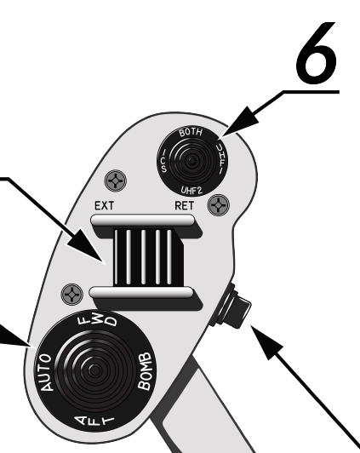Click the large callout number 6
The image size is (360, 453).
click(x=317, y=53)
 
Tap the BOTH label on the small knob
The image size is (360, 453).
click(x=191, y=132)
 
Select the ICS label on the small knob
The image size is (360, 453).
click(x=164, y=161)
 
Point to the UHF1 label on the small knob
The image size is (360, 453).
click(x=222, y=159)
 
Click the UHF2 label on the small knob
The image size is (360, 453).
click(x=191, y=190)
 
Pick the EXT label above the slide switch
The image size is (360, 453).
click(x=104, y=206)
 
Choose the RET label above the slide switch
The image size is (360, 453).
click(x=184, y=206)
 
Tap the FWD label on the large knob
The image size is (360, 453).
click(x=98, y=319)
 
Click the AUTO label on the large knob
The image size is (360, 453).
click(x=46, y=372)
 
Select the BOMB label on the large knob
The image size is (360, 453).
click(x=146, y=371)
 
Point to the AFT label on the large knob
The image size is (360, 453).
click(x=94, y=421)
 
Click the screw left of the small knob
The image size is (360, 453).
click(x=115, y=181)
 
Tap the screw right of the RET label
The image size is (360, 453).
click(x=219, y=205)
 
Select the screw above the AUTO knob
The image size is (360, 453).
click(x=71, y=295)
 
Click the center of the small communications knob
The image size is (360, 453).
click(x=191, y=162)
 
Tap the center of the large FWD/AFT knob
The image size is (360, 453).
click(x=94, y=371)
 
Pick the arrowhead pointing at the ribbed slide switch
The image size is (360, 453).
click(x=88, y=246)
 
